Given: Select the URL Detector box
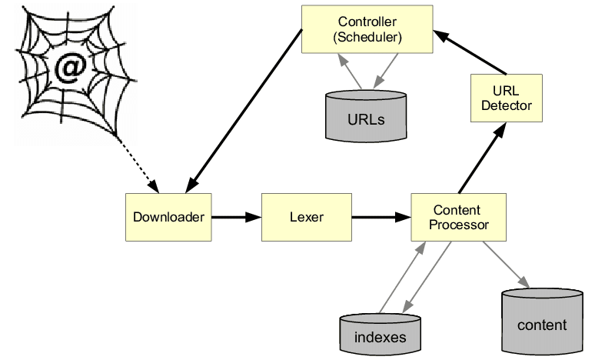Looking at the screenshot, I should [506, 98].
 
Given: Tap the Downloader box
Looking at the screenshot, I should [168, 217].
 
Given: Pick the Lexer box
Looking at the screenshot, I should [306, 217].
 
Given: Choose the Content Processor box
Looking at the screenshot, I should [459, 217].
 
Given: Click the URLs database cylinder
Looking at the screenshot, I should [366, 117].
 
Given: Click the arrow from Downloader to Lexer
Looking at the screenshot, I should [236, 217].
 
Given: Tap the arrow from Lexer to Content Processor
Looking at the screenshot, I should [381, 217].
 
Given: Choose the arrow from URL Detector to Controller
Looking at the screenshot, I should [469, 52].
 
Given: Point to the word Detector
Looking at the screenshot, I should [506, 105].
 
